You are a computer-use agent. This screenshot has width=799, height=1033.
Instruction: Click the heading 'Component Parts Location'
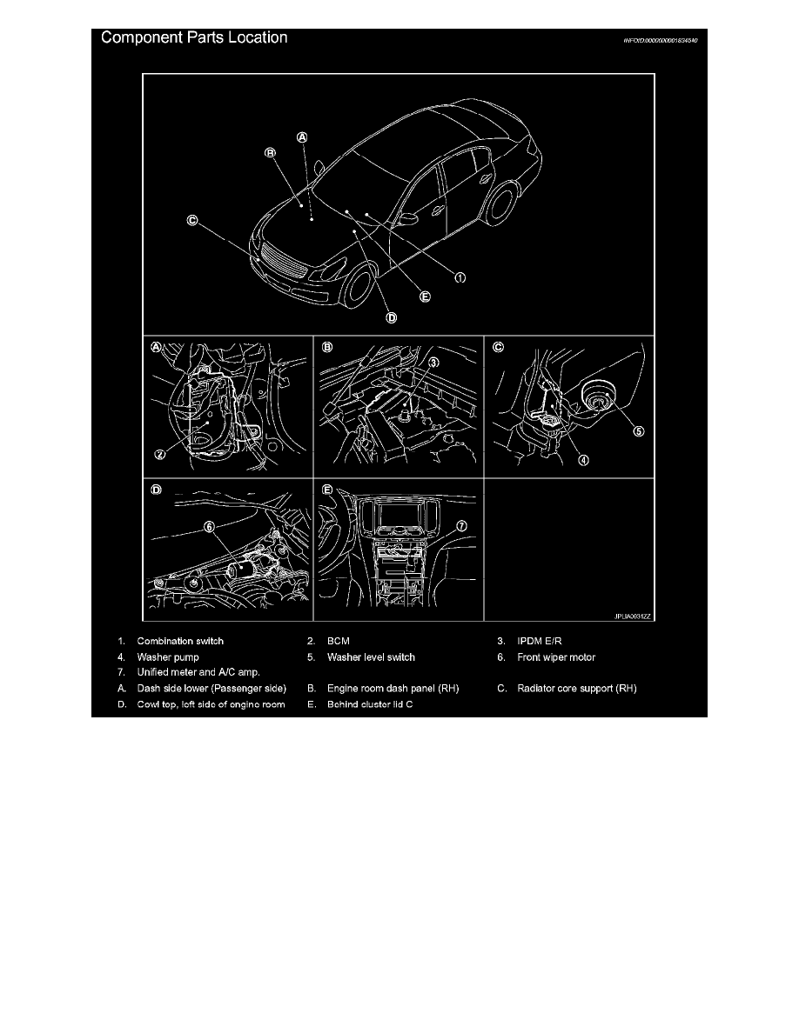pos(195,39)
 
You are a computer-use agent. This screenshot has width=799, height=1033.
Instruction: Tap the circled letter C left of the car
pos(191,220)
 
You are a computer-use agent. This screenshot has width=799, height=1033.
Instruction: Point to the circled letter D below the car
pos(392,317)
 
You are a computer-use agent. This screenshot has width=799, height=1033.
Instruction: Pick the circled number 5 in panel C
pos(638,432)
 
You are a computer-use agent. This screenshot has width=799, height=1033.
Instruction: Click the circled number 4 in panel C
pos(584,460)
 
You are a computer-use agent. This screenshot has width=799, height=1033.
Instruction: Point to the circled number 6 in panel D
pos(209,526)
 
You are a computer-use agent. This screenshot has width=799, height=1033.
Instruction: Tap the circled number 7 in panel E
pos(461,526)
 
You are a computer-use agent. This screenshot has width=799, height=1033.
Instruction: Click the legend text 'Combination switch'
pos(180,642)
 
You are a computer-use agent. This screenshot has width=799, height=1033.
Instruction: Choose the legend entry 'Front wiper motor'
pos(555,657)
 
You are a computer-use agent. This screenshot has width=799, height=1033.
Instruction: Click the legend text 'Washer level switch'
pos(371,657)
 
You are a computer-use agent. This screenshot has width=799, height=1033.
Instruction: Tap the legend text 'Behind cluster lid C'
pos(370,704)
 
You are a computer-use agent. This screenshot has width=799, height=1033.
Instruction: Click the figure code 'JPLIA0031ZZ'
pos(629,616)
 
